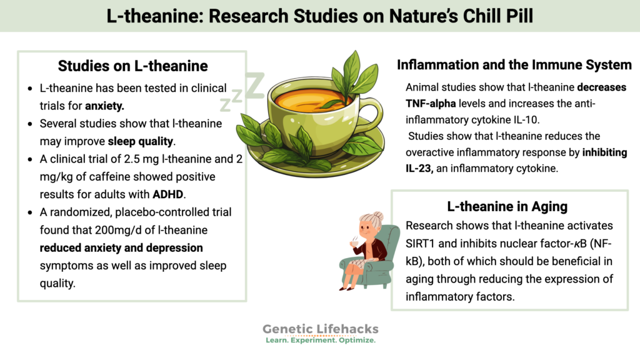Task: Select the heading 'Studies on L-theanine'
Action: click(x=132, y=66)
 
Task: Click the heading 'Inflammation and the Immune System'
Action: click(x=514, y=65)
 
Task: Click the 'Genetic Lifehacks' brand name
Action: click(x=320, y=329)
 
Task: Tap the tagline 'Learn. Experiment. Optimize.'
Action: click(x=320, y=341)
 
